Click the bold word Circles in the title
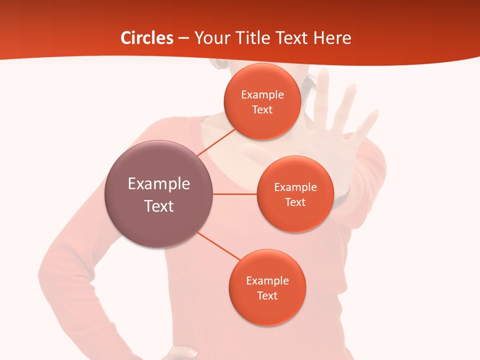(147, 38)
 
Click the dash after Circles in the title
(183, 38)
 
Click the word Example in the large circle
(158, 183)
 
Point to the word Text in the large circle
(158, 206)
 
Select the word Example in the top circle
(262, 95)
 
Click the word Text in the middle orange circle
(295, 202)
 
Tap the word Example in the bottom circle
(267, 280)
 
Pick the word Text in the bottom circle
(267, 295)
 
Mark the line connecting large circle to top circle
(216, 142)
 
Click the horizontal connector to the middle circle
(234, 194)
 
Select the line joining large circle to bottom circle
(219, 246)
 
